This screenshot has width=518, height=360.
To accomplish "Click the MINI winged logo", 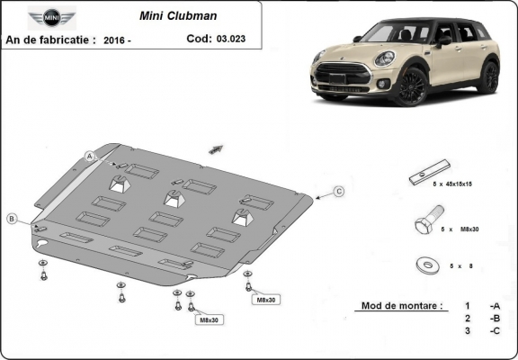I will click(x=45, y=16).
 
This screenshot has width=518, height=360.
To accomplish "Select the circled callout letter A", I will click(x=90, y=156).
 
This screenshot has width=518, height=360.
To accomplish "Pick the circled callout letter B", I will click(x=12, y=219).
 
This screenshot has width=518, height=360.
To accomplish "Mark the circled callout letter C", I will click(x=339, y=191).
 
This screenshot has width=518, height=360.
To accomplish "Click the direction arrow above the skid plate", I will click(x=216, y=148).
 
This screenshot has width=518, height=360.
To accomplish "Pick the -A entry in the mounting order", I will click(x=494, y=306).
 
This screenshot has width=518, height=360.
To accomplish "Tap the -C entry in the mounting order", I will click(x=494, y=331).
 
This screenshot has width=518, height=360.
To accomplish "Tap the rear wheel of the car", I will click(x=489, y=78).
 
